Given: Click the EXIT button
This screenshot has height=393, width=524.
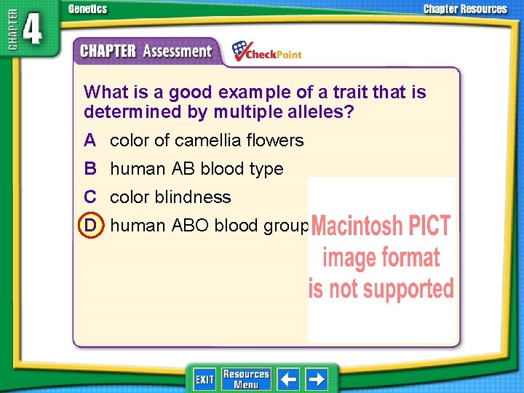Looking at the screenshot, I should [x=205, y=379].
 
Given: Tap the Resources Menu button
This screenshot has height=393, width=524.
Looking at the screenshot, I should [x=246, y=379].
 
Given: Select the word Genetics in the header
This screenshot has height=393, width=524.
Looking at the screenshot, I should [x=87, y=9].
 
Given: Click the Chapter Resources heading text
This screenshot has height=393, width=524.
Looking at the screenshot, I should [x=465, y=9].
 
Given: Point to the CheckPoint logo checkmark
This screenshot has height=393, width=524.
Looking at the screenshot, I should [x=241, y=49].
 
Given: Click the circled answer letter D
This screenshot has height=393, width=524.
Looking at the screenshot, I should [x=90, y=226].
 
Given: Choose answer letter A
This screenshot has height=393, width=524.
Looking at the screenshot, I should [x=90, y=140].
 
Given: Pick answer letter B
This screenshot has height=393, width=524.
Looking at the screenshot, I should [x=90, y=168].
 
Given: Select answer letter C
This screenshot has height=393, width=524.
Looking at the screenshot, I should [x=90, y=197].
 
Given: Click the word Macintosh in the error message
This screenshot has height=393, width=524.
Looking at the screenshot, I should [x=358, y=226].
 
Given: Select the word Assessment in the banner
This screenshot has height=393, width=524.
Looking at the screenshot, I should [x=177, y=52].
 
